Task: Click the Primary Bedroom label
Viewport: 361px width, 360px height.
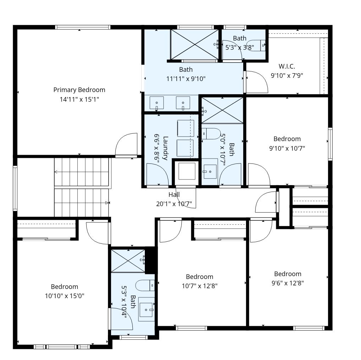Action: [79, 90]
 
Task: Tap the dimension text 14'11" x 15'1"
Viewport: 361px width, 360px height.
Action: [79, 100]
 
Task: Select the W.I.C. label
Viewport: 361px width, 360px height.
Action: [287, 66]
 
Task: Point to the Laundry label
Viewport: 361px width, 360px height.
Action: [165, 148]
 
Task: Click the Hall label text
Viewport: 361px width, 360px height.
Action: [174, 194]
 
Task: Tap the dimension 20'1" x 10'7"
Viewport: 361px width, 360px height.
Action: [174, 204]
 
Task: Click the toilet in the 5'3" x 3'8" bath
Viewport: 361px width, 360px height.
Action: [256, 45]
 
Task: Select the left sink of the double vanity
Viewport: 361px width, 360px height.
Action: [157, 103]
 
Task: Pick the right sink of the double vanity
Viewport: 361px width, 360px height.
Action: [183, 103]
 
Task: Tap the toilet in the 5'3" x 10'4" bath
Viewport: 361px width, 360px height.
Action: [145, 286]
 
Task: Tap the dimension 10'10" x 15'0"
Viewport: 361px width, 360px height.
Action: [65, 296]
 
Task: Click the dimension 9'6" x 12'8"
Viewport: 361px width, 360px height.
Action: [288, 283]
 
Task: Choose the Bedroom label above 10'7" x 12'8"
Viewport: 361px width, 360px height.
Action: [199, 276]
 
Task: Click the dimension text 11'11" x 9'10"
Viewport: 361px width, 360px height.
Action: [186, 79]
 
